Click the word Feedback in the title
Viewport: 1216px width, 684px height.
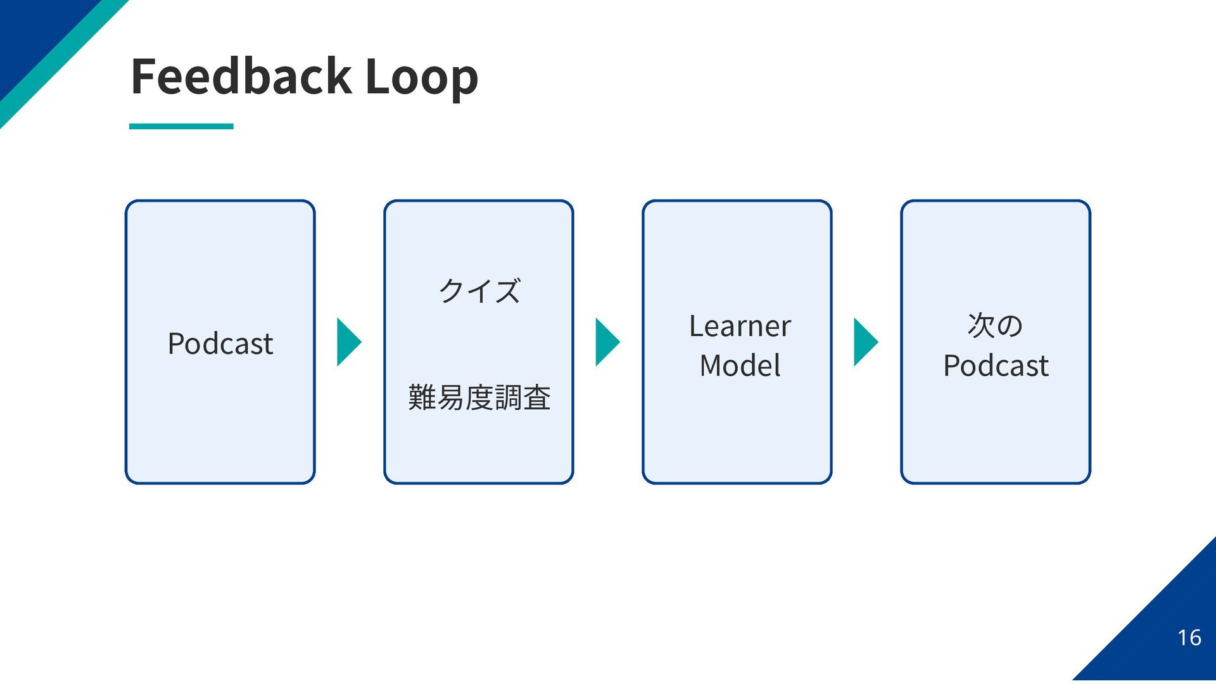[x=241, y=76]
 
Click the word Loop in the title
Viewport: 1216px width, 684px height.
[x=422, y=77]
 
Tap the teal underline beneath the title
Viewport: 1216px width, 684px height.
[x=181, y=127]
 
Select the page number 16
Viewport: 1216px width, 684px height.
[x=1189, y=637]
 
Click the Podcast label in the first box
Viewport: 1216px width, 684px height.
[x=220, y=344]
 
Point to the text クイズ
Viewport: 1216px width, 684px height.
[x=479, y=291]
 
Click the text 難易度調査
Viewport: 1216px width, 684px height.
[x=479, y=398]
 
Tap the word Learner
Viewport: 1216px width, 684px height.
[x=740, y=326]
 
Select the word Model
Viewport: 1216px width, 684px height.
[x=740, y=365]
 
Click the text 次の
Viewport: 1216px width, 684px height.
[x=995, y=326]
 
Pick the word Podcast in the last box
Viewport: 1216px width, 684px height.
[x=996, y=366]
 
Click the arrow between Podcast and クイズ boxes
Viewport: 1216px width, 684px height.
[x=349, y=342]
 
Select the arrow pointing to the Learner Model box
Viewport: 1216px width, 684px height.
[x=607, y=342]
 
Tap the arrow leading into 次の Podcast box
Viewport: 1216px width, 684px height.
[x=866, y=342]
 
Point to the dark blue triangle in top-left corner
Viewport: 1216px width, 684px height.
[x=32, y=32]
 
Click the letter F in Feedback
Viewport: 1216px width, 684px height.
[x=143, y=76]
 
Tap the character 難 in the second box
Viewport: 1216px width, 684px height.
[x=422, y=398]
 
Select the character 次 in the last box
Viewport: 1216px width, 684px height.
[x=981, y=326]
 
